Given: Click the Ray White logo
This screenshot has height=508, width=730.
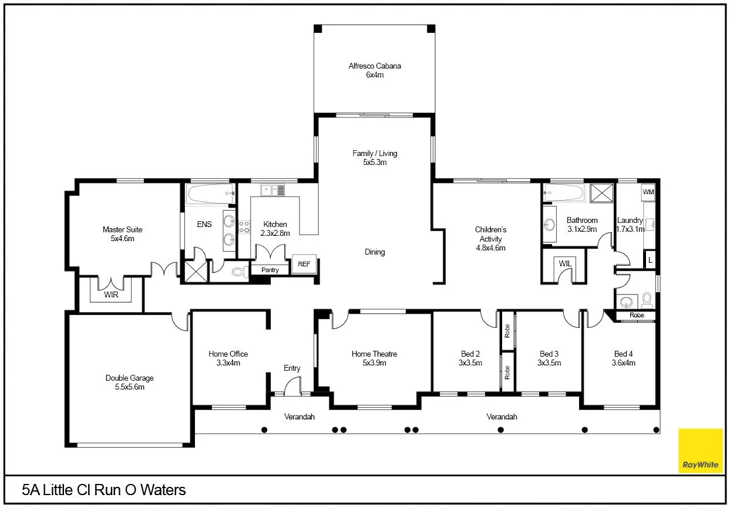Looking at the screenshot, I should click(700, 451).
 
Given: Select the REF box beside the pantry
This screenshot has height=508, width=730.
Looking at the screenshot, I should click(304, 265).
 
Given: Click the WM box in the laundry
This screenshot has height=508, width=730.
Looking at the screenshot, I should click(648, 192).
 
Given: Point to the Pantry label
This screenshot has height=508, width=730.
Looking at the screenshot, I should click(270, 270).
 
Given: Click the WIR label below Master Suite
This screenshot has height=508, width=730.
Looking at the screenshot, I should click(111, 294).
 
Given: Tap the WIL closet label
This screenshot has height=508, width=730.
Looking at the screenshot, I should click(565, 264).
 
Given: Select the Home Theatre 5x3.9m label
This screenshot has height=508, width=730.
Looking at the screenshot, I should click(374, 358).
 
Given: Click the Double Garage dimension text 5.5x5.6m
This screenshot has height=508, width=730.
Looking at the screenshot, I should click(129, 387).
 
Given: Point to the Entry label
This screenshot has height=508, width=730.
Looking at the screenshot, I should click(292, 368).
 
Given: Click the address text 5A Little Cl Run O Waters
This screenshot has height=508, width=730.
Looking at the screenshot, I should click(103, 490).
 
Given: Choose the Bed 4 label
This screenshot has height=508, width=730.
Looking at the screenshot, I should click(624, 354).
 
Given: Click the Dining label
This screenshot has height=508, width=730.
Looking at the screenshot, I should click(375, 252).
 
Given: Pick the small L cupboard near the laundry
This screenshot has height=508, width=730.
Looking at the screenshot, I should click(650, 259).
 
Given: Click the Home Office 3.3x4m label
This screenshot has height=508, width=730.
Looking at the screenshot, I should click(228, 358).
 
